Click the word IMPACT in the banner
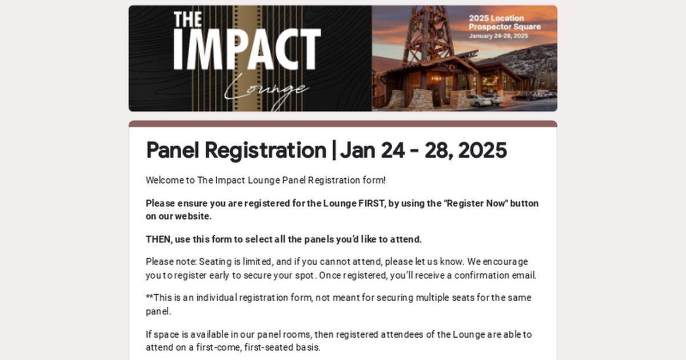(x=247, y=49)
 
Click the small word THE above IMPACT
(x=188, y=19)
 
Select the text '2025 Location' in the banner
(x=496, y=18)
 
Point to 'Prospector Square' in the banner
(x=504, y=27)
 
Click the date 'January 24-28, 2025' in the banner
(x=498, y=36)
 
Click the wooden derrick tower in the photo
(x=428, y=34)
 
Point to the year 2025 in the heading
(x=482, y=150)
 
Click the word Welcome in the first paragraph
(x=163, y=181)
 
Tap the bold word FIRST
(x=371, y=203)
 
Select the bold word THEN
(x=158, y=239)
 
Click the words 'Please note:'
(x=171, y=262)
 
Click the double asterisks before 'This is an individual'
(x=149, y=297)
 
